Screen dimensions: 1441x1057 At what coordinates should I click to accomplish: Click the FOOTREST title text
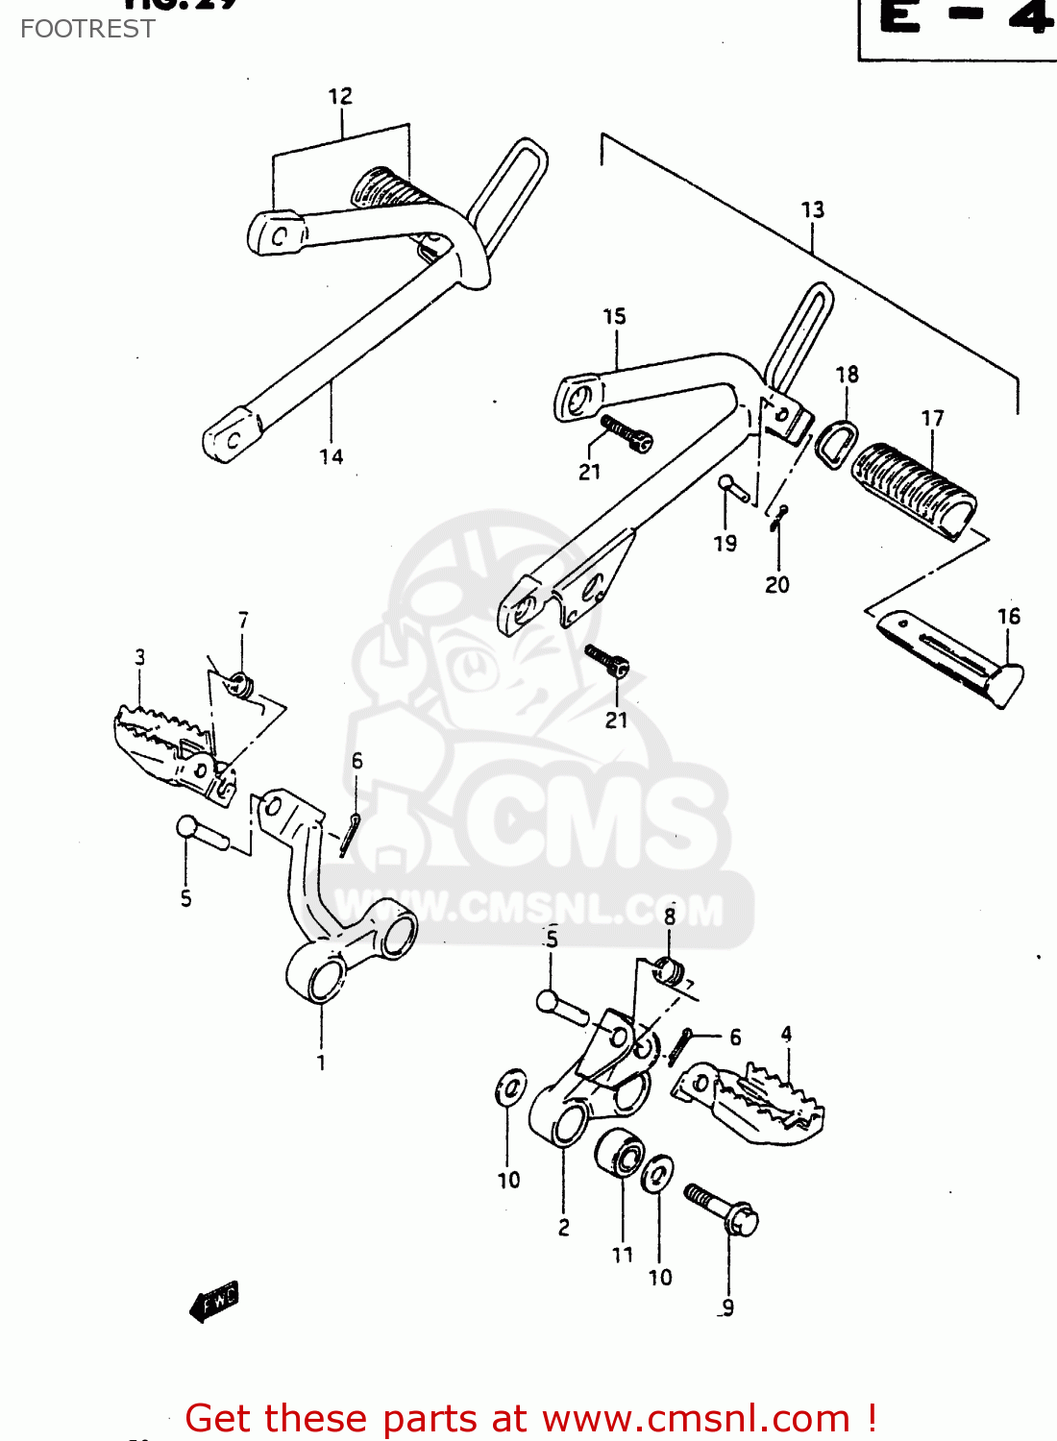[87, 29]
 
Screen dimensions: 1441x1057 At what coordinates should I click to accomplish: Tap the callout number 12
[340, 96]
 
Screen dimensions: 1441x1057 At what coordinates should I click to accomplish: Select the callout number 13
[813, 209]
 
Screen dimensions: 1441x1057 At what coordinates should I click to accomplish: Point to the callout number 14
[332, 456]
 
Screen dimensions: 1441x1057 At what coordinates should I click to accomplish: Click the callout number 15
[614, 316]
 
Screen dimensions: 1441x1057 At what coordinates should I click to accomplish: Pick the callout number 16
[1009, 616]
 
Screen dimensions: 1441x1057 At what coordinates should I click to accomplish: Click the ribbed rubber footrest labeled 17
[913, 490]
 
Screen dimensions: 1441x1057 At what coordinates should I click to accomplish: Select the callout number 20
[777, 584]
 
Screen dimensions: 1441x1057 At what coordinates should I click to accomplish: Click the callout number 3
[140, 657]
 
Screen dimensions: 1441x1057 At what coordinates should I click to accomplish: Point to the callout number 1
[321, 1062]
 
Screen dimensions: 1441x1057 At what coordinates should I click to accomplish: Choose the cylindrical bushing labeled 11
[619, 1153]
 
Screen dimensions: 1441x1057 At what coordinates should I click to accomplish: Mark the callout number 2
[564, 1227]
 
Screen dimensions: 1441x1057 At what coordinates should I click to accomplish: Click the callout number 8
[670, 916]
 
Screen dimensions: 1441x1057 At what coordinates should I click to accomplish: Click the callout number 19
[725, 543]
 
